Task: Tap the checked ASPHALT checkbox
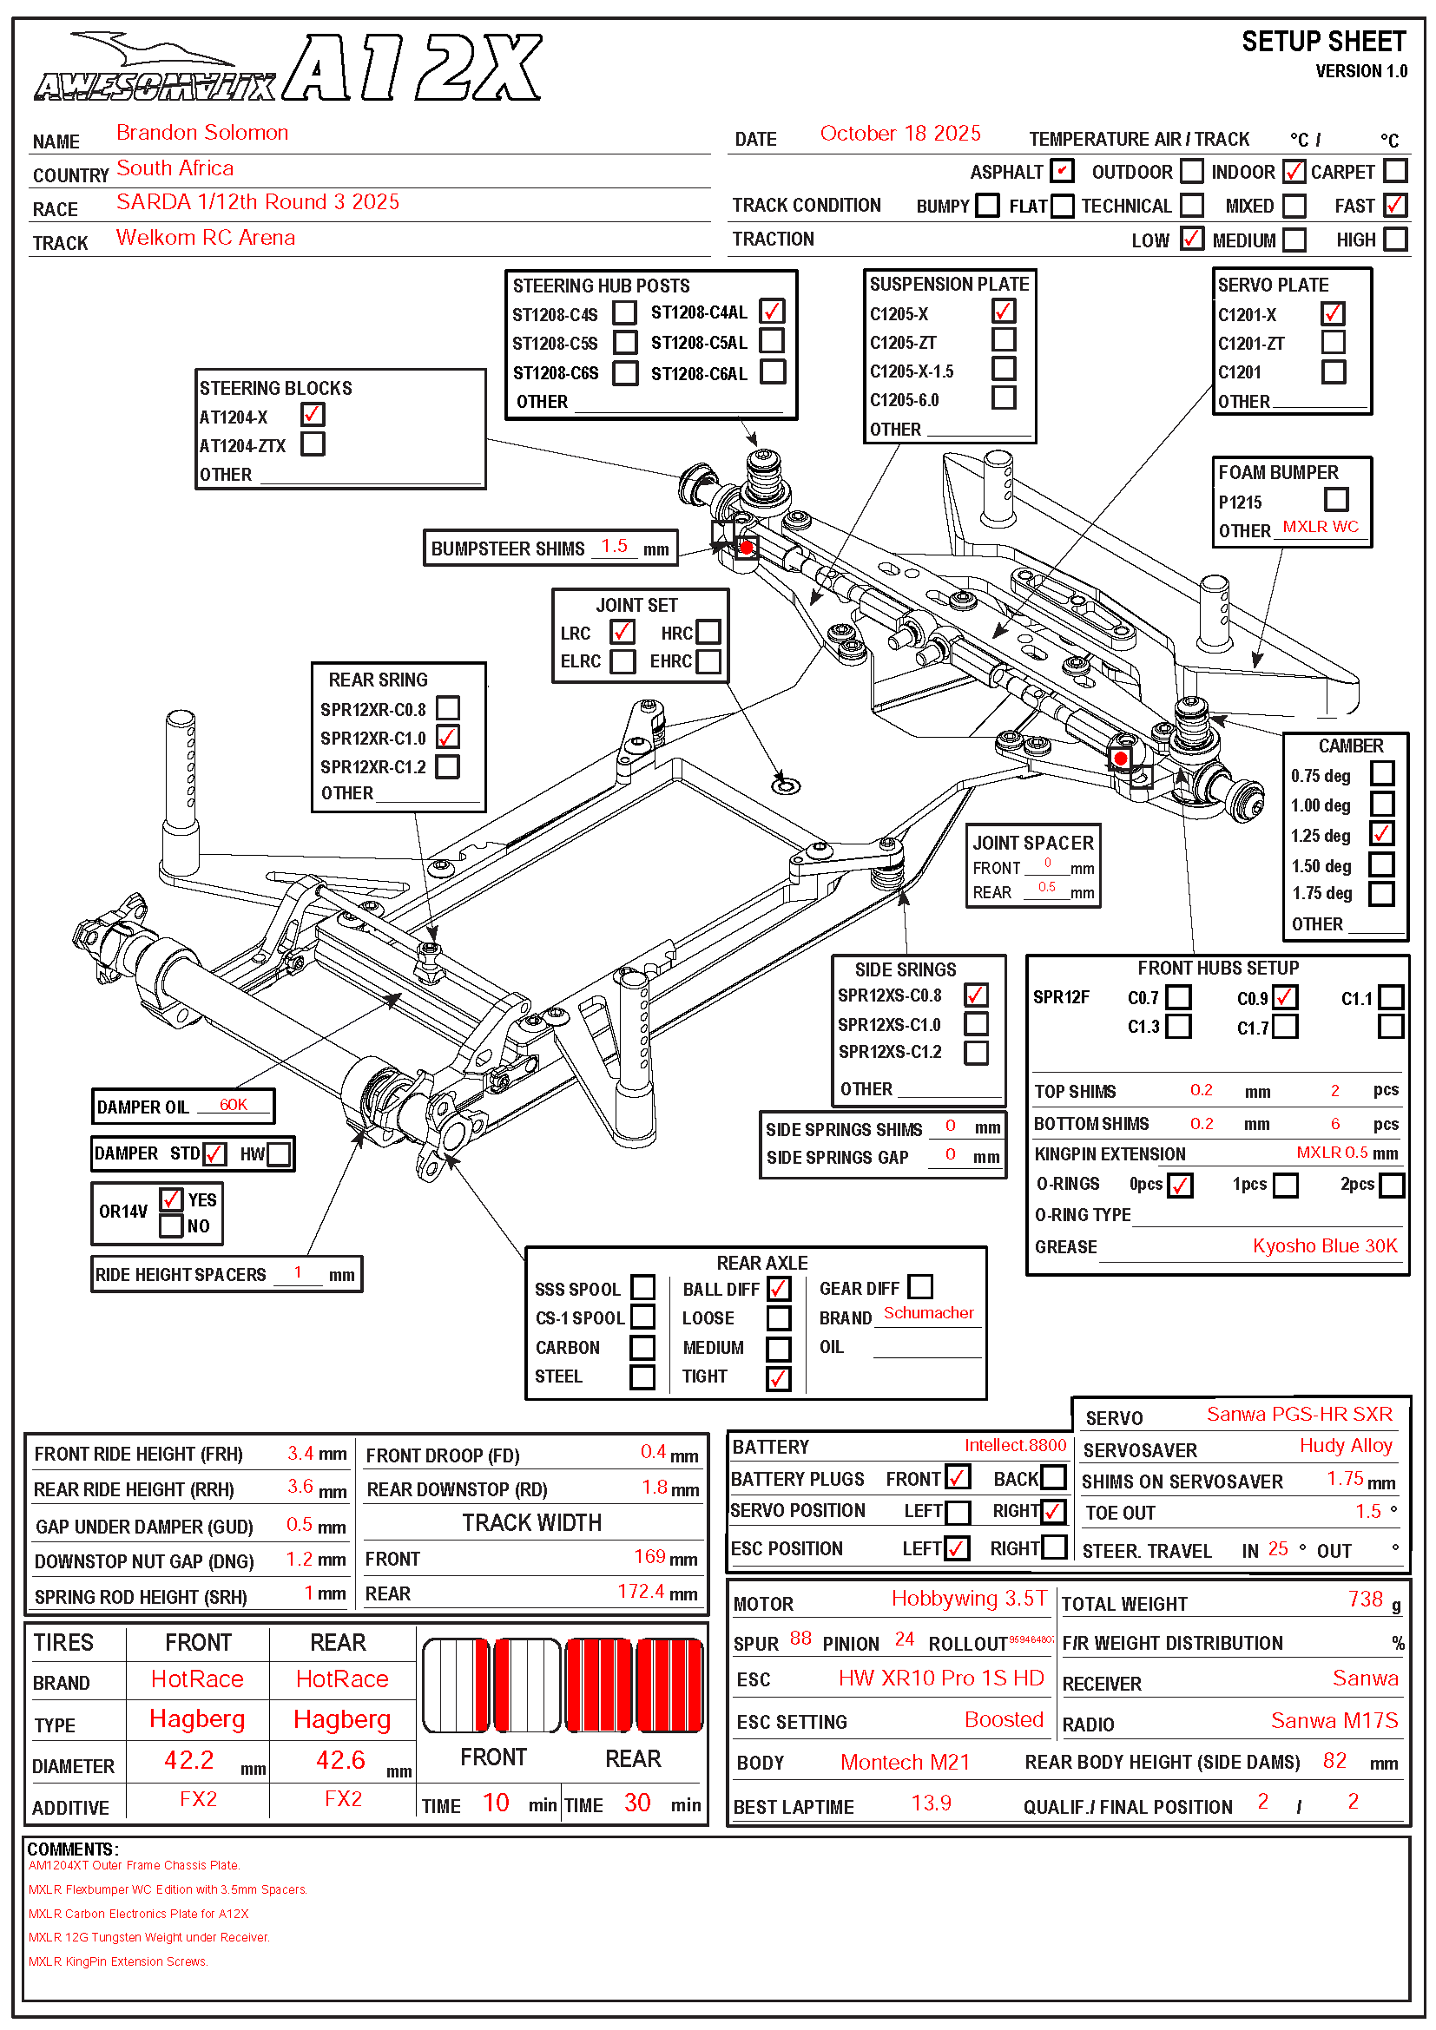[1061, 171]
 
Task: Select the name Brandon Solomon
[201, 133]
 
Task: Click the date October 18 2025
[899, 134]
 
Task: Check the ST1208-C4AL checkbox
[772, 312]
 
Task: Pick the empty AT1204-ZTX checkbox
[313, 443]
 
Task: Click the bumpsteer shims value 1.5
[614, 547]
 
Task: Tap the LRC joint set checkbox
[622, 632]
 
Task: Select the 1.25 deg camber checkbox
[1381, 834]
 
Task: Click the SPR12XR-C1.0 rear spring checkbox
[447, 738]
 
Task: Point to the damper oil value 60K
[234, 1105]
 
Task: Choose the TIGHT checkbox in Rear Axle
[778, 1377]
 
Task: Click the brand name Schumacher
[928, 1314]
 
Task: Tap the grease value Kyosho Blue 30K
[1325, 1246]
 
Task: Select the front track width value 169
[649, 1557]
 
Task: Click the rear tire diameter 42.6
[340, 1760]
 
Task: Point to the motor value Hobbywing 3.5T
[968, 1600]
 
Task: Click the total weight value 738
[1366, 1600]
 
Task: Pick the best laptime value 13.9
[931, 1803]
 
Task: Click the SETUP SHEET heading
[1323, 42]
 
